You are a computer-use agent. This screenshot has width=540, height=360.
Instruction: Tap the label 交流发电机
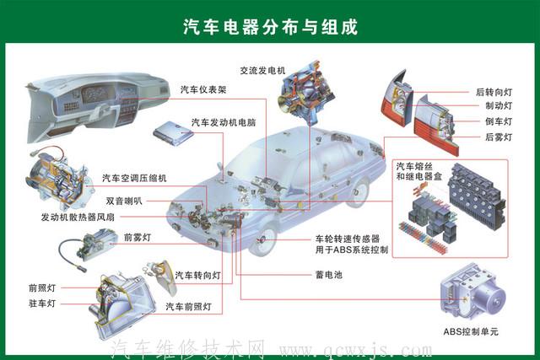262,70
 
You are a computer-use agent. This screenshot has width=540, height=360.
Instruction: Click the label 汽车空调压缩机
134,178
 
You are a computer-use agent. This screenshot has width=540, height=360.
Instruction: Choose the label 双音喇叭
124,201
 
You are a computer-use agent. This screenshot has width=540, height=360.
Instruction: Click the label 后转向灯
494,92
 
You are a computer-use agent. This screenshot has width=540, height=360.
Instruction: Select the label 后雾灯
499,137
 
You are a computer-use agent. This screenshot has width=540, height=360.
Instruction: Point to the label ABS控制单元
471,331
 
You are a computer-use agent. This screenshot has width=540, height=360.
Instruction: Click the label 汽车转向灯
197,276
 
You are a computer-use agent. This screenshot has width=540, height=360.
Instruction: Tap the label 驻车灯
41,303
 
